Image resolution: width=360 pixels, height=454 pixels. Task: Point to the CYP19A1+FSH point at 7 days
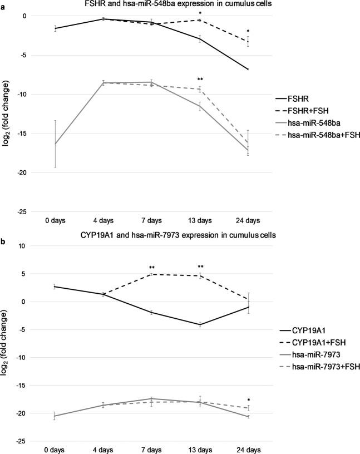click(x=151, y=274)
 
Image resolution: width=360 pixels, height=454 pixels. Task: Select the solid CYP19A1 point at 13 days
click(x=200, y=324)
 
